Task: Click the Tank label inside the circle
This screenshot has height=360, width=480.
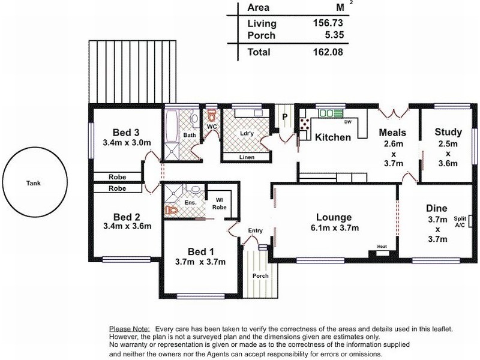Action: [34, 184]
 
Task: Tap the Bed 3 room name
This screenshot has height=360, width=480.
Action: [126, 133]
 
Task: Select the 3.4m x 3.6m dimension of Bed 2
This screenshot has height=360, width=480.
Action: [127, 226]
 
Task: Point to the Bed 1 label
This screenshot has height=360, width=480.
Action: [201, 252]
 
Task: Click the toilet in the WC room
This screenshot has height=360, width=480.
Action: [212, 115]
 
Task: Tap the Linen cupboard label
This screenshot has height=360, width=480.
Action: [247, 157]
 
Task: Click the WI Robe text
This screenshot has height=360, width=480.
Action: [220, 204]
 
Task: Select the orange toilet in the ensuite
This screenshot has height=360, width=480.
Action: [172, 210]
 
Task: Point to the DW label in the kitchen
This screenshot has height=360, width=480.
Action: [348, 122]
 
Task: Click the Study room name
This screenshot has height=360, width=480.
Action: [448, 132]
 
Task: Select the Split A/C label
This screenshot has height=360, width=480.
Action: [460, 222]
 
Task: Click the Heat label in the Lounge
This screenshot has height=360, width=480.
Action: [382, 247]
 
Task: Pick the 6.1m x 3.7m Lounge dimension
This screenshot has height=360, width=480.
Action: [334, 228]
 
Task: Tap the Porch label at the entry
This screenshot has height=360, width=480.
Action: [260, 276]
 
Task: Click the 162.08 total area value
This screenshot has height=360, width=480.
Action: [328, 52]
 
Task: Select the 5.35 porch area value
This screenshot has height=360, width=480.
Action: [334, 35]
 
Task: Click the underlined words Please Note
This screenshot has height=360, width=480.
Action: [130, 329]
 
